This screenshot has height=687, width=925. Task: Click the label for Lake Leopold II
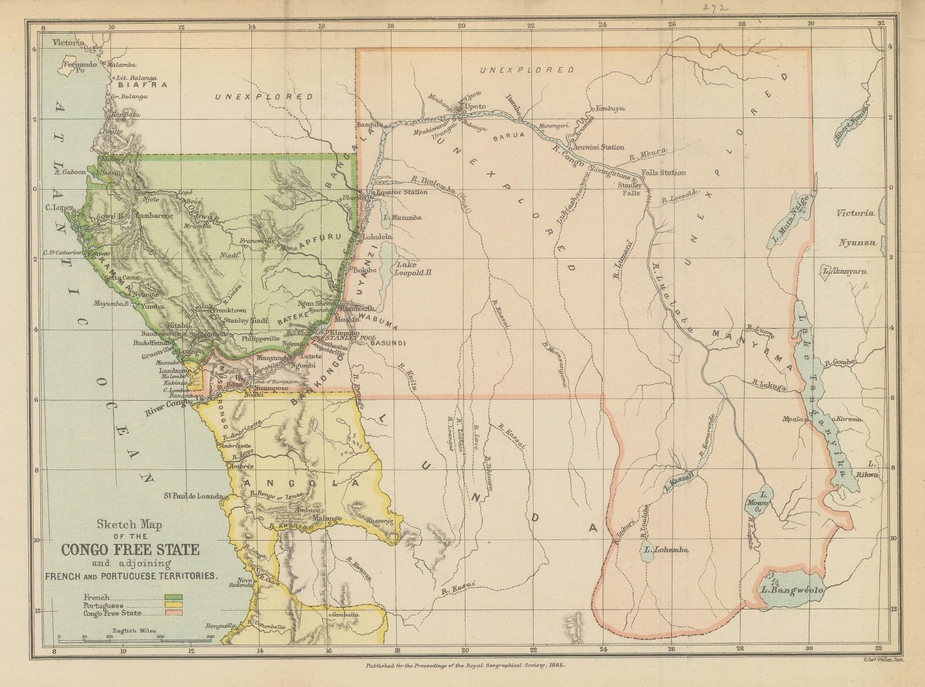point(413,267)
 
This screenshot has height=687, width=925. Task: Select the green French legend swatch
point(173,597)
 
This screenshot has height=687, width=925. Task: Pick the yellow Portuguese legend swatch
point(173,605)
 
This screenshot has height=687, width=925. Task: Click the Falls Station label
point(663,172)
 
